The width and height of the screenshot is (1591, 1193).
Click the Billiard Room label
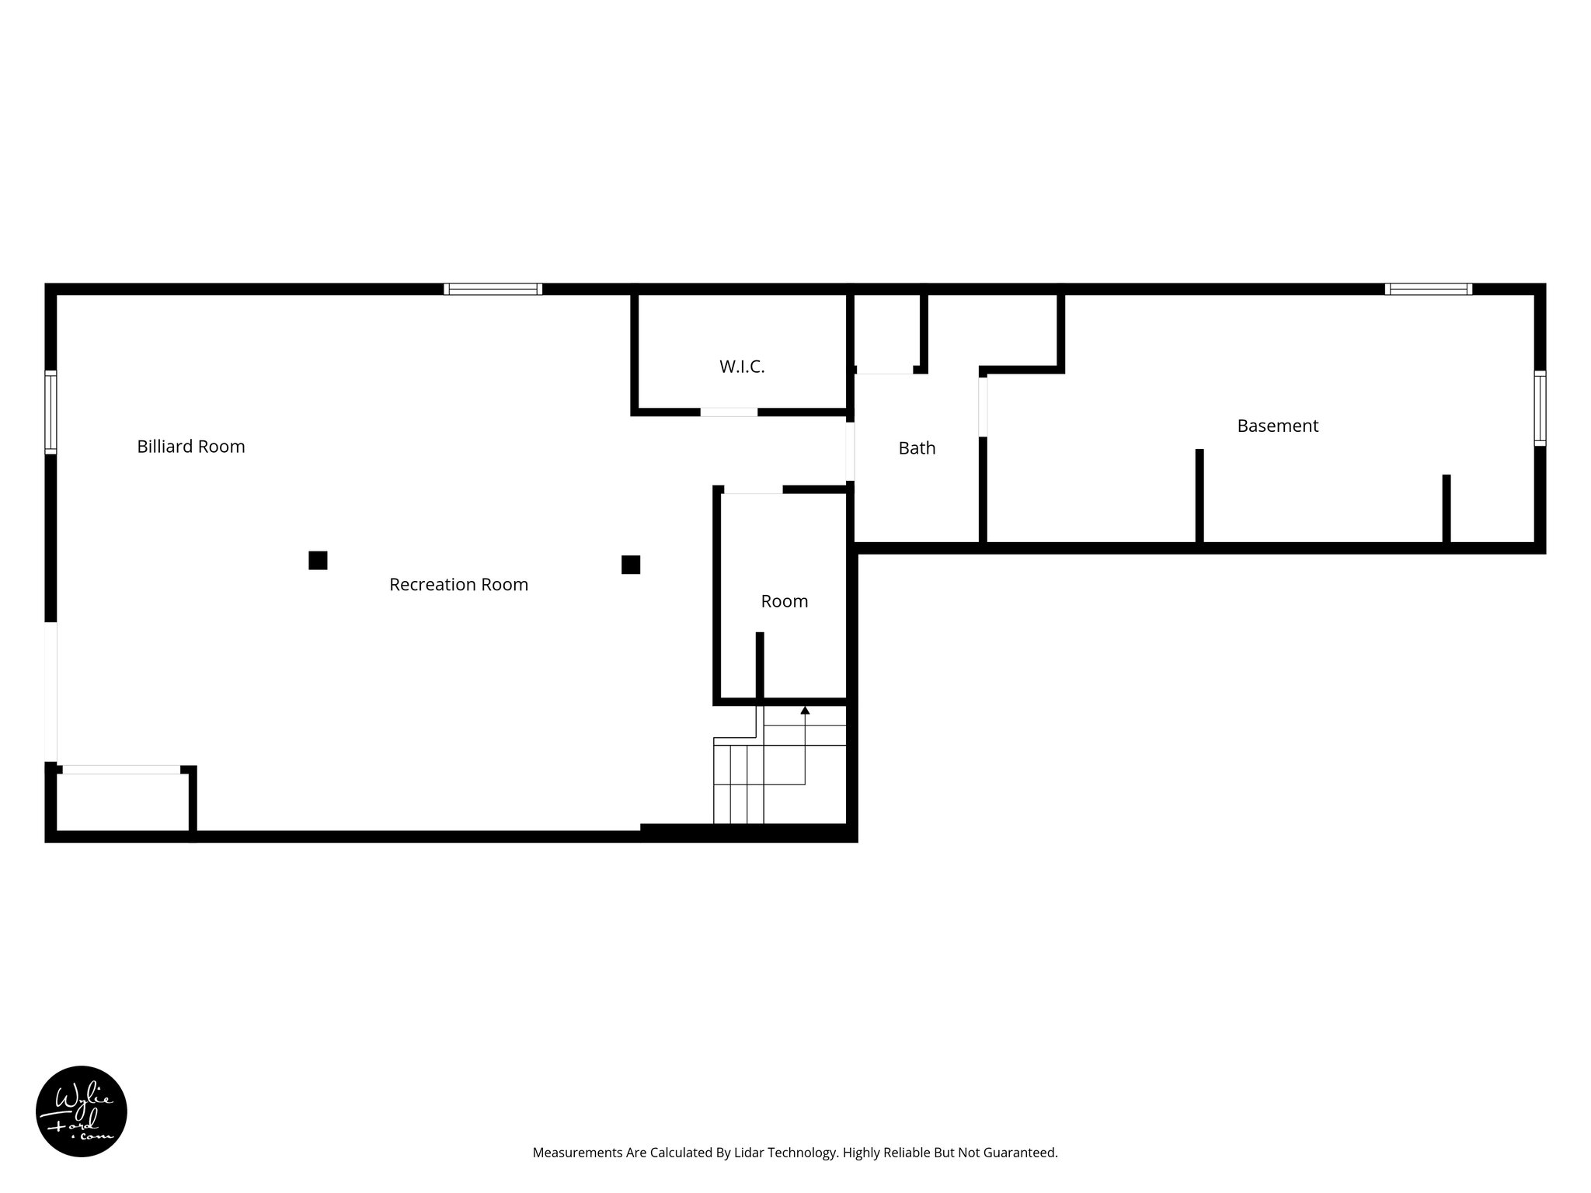tap(191, 447)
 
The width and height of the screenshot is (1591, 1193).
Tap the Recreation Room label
tap(458, 585)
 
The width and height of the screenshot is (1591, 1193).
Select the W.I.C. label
tap(742, 367)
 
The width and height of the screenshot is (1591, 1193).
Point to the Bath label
tap(917, 448)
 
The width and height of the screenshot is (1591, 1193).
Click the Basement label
tap(1277, 426)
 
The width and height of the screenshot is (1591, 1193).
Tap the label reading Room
tap(784, 601)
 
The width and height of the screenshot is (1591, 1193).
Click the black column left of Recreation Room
tap(318, 560)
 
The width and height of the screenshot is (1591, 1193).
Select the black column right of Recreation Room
tap(631, 565)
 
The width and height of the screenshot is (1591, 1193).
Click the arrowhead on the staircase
tap(805, 710)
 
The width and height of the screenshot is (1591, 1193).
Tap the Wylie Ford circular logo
tap(82, 1111)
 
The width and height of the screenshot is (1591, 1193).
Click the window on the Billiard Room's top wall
tap(493, 289)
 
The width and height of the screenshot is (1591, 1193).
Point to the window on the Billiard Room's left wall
tap(50, 412)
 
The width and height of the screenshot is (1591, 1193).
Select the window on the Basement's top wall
tap(1428, 289)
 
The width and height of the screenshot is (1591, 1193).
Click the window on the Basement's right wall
tap(1540, 408)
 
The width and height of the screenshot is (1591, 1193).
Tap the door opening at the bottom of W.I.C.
tap(729, 412)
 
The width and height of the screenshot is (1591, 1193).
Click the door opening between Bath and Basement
tap(983, 406)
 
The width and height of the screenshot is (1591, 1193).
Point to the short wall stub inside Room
tap(760, 665)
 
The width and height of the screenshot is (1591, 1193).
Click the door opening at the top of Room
tap(753, 489)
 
